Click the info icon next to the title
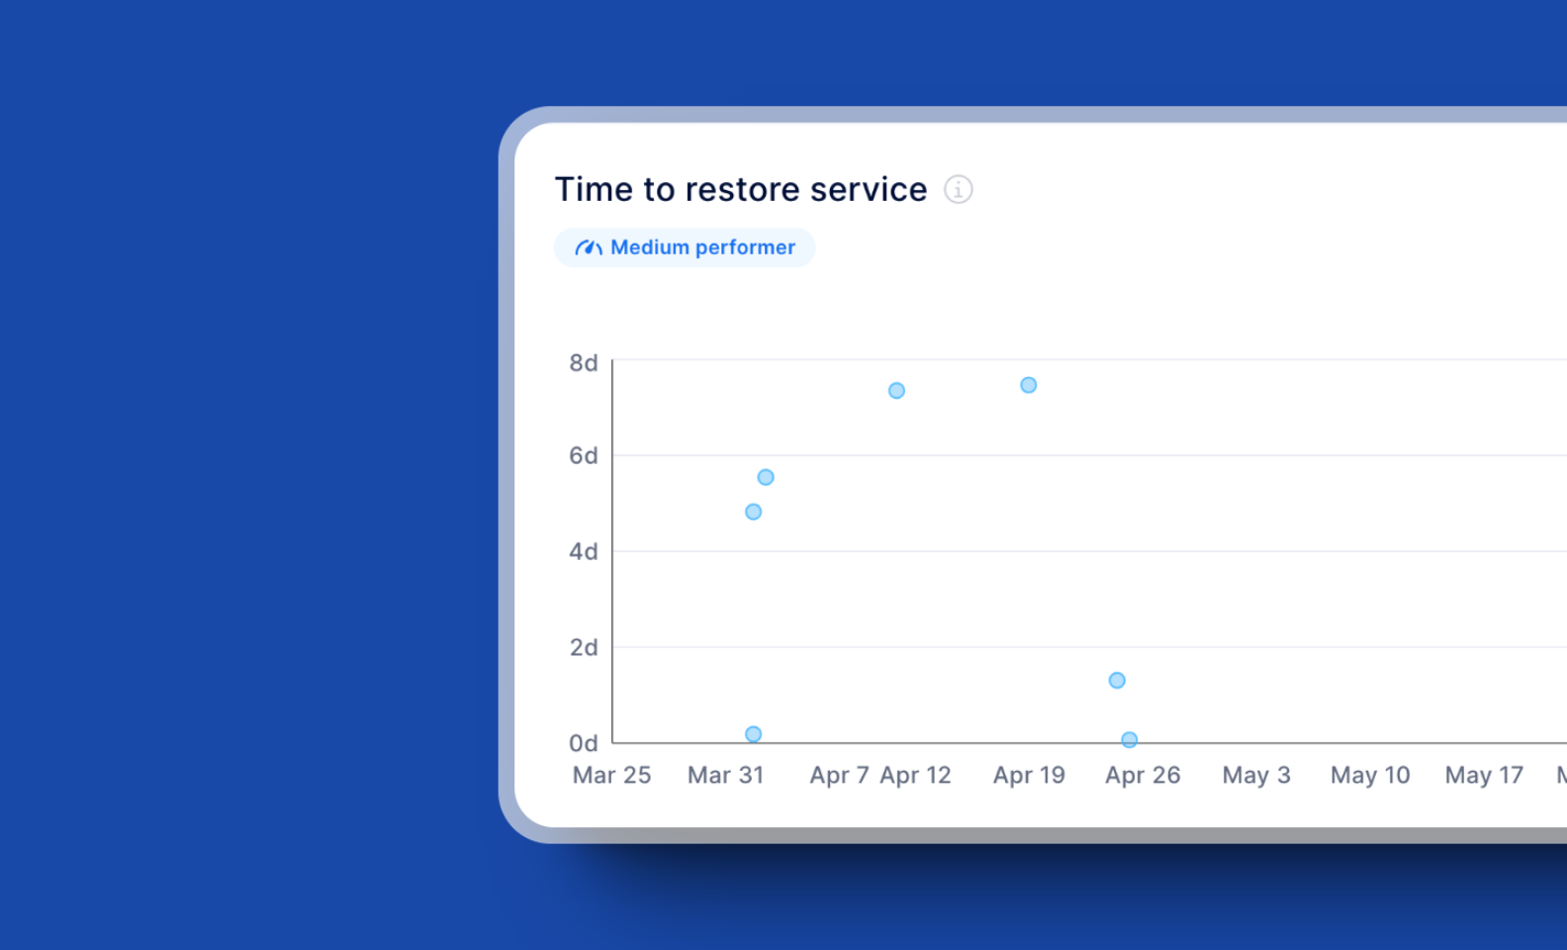click(x=958, y=189)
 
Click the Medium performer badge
click(x=685, y=247)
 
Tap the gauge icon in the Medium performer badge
click(x=589, y=247)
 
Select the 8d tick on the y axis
click(x=583, y=363)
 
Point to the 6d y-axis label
click(x=583, y=456)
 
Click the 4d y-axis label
click(x=583, y=551)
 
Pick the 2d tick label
click(x=583, y=647)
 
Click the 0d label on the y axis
click(x=583, y=743)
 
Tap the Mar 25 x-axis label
click(x=611, y=775)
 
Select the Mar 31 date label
click(x=725, y=775)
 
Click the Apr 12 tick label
click(x=915, y=775)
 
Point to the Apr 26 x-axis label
click(x=1143, y=775)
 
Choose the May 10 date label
click(x=1370, y=775)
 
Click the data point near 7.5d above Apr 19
click(x=1029, y=385)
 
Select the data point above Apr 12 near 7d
click(x=896, y=391)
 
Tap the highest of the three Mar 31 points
click(x=766, y=477)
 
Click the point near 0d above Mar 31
click(x=753, y=734)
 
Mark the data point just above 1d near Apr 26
click(x=1117, y=680)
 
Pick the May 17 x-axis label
click(x=1484, y=775)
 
